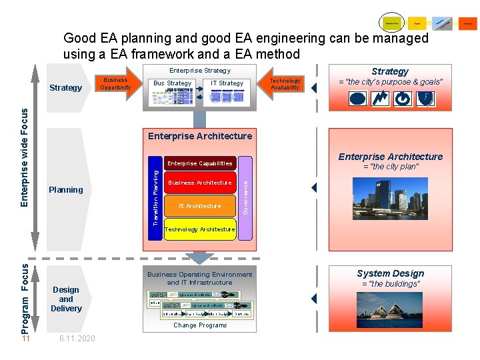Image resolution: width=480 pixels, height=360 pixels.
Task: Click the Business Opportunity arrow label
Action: [x=115, y=84]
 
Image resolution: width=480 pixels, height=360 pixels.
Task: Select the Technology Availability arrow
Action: [x=285, y=84]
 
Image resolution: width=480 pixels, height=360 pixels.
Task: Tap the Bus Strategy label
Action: [x=172, y=83]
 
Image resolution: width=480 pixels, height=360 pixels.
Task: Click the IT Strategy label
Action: [x=227, y=83]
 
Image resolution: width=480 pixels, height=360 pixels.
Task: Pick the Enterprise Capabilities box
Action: [x=199, y=163]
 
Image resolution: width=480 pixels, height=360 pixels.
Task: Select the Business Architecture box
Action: [x=199, y=183]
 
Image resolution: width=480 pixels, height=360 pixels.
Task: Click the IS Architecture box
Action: [x=199, y=206]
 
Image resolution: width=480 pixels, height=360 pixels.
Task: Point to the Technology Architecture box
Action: [x=199, y=229]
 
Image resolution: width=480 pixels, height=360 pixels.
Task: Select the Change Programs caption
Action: [x=200, y=325]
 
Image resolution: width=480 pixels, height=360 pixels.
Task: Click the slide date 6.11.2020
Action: [x=77, y=339]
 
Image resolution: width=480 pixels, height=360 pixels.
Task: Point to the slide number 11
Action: [x=25, y=339]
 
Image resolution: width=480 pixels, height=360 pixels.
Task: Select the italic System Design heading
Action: [x=390, y=273]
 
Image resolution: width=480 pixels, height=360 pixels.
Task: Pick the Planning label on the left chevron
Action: [x=66, y=190]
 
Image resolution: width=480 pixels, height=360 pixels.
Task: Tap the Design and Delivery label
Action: [x=66, y=299]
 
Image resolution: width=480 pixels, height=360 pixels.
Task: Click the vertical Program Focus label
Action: [x=25, y=298]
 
